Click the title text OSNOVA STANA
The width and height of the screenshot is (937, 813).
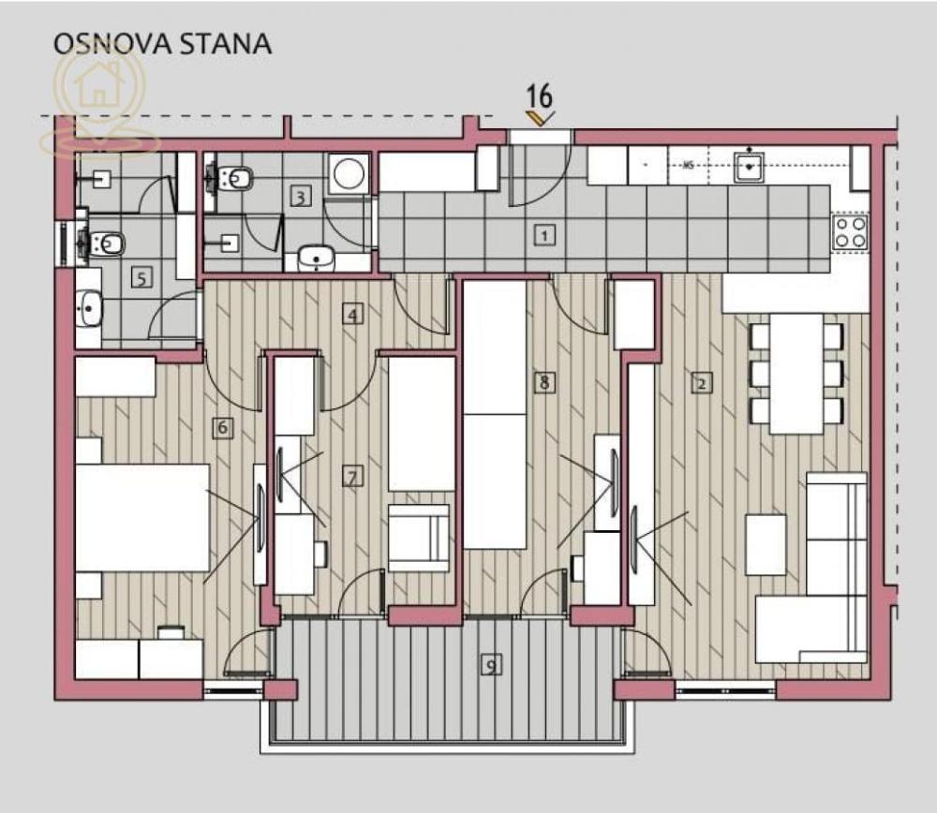click(x=162, y=43)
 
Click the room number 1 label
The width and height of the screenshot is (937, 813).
click(x=543, y=235)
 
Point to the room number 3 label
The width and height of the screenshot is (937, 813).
click(x=300, y=197)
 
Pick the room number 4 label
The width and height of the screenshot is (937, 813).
click(x=352, y=315)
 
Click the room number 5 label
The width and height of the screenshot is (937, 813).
click(x=141, y=277)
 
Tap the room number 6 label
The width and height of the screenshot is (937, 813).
click(x=222, y=428)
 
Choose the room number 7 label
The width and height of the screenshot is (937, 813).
click(x=351, y=478)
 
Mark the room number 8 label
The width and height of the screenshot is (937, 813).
click(x=543, y=381)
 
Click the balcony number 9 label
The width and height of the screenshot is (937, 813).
click(x=490, y=665)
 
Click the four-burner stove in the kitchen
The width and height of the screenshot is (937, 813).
click(x=850, y=231)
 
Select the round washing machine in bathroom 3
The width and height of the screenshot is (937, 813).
click(x=350, y=174)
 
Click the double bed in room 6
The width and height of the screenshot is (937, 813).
click(x=141, y=517)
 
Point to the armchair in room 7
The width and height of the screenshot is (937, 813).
click(x=418, y=537)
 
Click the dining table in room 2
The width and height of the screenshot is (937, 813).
click(x=796, y=373)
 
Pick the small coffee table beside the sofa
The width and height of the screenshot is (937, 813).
click(x=766, y=544)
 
